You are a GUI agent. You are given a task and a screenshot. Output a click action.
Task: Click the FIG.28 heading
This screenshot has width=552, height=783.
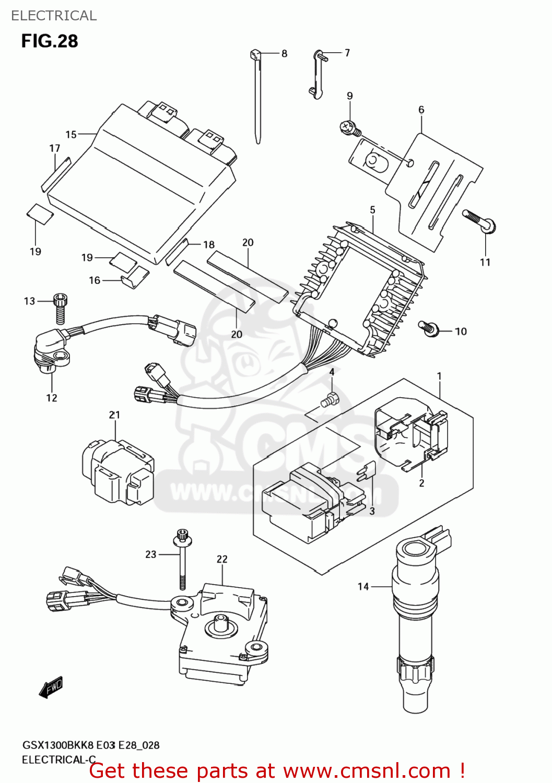pos(50,41)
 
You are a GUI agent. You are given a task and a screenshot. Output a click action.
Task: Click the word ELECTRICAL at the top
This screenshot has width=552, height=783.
pos(54,16)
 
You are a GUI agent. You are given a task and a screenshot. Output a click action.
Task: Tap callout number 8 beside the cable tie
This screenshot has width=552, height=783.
pos(284,53)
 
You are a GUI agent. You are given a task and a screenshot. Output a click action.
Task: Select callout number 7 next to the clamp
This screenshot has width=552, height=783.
pos(347,53)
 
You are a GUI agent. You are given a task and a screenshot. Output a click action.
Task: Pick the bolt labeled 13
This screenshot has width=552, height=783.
pos(61,309)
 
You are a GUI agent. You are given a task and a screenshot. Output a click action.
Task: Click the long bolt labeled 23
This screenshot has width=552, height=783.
pos(183,564)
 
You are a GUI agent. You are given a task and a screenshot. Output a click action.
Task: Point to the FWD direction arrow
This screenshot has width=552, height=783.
pos(51,688)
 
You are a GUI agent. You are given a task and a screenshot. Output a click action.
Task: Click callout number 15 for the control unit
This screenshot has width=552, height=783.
pos(71,135)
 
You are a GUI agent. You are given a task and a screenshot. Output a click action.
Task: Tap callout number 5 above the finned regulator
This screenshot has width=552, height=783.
pos(372,210)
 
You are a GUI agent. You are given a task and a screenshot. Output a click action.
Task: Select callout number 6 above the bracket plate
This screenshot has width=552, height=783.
pos(421,110)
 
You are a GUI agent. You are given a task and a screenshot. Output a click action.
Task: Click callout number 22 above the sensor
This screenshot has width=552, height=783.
pos(222,559)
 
